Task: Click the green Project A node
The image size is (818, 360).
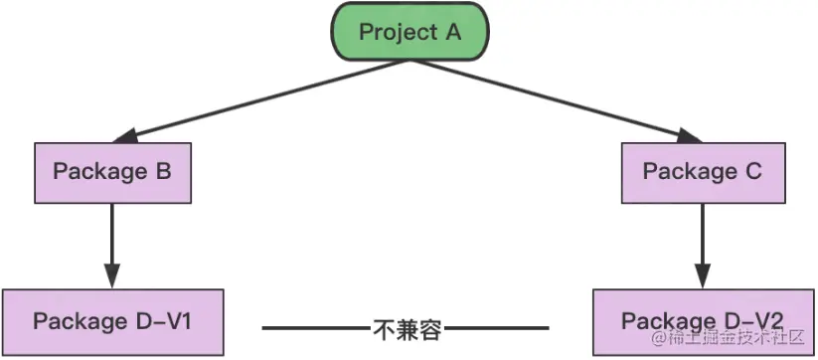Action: click(410, 32)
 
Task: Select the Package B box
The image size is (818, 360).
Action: click(112, 171)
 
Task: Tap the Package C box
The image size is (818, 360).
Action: click(702, 171)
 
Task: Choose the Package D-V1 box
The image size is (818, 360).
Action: click(112, 321)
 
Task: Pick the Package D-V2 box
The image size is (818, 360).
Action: click(702, 321)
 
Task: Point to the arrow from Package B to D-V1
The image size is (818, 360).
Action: click(112, 239)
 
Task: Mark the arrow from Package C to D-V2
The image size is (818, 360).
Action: click(704, 239)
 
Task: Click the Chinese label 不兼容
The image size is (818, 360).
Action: click(407, 326)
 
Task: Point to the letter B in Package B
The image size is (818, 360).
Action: click(163, 171)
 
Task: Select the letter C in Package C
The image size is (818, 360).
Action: click(752, 171)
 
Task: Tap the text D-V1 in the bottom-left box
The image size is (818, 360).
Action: click(170, 321)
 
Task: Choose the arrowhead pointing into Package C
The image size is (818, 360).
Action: click(693, 136)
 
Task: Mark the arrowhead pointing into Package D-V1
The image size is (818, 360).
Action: click(112, 276)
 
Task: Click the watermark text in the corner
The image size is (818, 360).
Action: click(734, 343)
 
